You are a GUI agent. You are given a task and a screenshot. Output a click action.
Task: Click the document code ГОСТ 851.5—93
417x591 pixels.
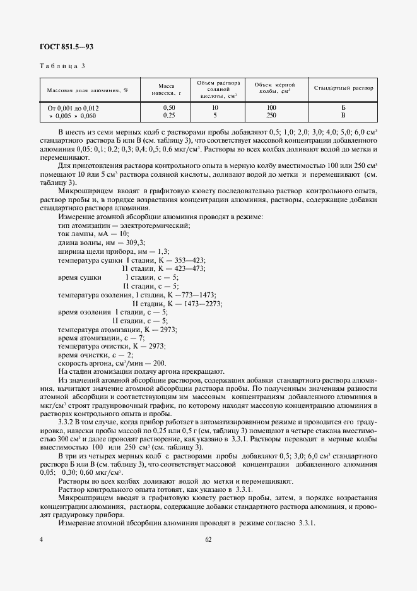coord(67,47)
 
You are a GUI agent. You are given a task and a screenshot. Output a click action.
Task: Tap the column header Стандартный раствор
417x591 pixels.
coord(344,88)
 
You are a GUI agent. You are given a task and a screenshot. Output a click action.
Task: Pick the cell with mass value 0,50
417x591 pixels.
coord(169,108)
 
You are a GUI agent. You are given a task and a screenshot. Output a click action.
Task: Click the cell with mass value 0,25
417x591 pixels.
coord(169,116)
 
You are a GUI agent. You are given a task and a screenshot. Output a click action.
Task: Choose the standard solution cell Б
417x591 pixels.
coord(344,108)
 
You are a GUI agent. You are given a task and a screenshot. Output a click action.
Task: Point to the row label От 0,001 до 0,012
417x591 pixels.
coord(74,108)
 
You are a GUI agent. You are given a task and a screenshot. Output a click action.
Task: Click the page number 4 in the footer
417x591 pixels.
coord(41,540)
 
